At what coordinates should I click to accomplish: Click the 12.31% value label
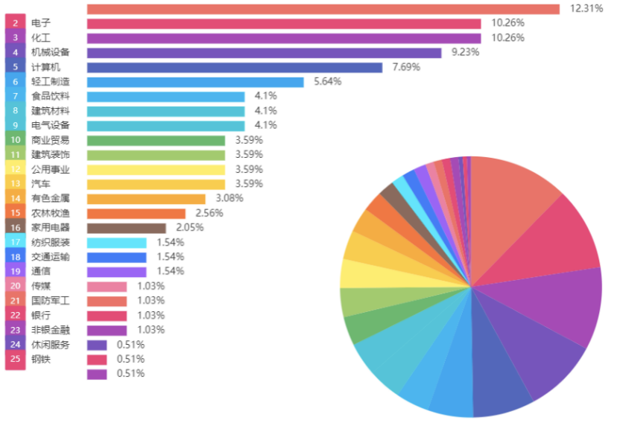click(x=586, y=9)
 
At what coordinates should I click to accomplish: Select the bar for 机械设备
click(x=264, y=53)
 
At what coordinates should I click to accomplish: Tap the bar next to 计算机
click(x=234, y=67)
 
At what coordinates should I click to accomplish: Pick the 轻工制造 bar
click(x=195, y=82)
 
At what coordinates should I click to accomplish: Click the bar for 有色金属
click(x=146, y=199)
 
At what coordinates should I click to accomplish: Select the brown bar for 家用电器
click(x=126, y=228)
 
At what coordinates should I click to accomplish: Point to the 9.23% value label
click(x=466, y=53)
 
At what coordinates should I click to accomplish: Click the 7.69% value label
click(x=406, y=67)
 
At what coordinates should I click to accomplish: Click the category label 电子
click(x=41, y=24)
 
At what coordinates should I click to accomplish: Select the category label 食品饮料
click(x=51, y=97)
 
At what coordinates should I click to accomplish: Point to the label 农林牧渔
click(x=51, y=213)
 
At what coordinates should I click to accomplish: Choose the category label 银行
click(x=41, y=316)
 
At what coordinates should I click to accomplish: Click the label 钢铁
click(x=41, y=360)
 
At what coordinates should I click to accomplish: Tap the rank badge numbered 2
click(x=16, y=24)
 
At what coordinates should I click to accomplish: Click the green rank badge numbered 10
click(x=16, y=140)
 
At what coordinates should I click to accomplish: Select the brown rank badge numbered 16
click(x=16, y=228)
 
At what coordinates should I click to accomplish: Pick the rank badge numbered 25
click(x=16, y=360)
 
